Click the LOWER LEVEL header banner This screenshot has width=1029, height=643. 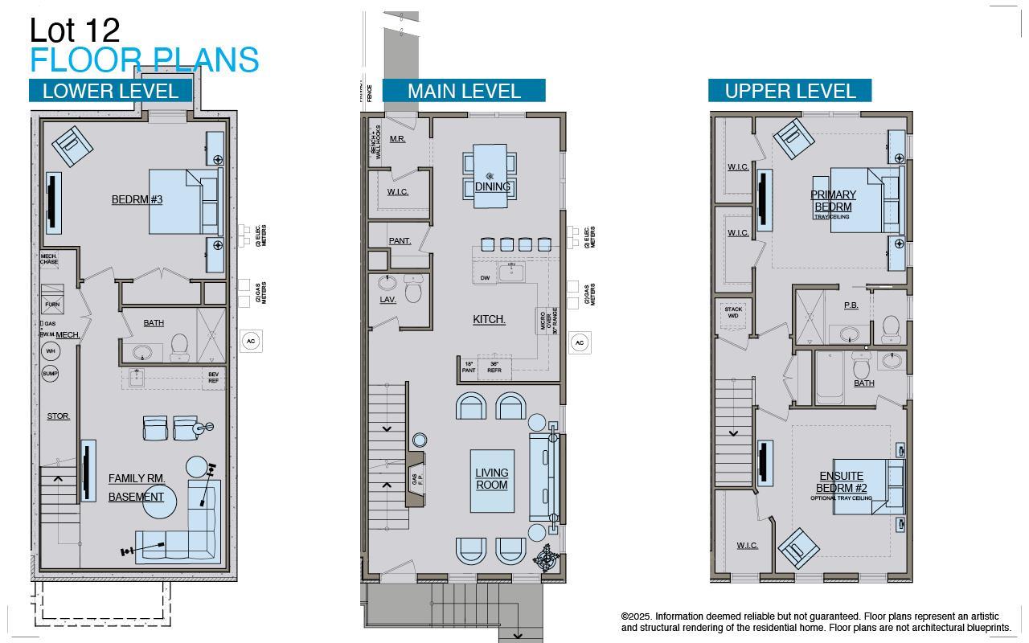pyautogui.click(x=110, y=91)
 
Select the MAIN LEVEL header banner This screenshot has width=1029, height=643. pyautogui.click(x=464, y=91)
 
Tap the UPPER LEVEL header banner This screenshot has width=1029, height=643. pyautogui.click(x=789, y=91)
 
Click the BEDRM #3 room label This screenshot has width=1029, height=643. pyautogui.click(x=137, y=199)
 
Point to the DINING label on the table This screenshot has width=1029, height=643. pyautogui.click(x=492, y=186)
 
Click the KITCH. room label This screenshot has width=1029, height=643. pyautogui.click(x=489, y=319)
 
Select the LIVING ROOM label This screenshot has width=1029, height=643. pyautogui.click(x=491, y=479)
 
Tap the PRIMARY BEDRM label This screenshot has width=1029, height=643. pyautogui.click(x=833, y=201)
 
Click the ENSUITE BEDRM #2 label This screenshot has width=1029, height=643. pyautogui.click(x=841, y=482)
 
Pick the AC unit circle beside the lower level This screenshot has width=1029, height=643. pyautogui.click(x=251, y=341)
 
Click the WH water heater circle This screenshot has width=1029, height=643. pyautogui.click(x=50, y=351)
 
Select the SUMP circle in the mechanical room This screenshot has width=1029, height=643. pyautogui.click(x=50, y=374)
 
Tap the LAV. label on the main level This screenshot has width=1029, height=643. pyautogui.click(x=388, y=300)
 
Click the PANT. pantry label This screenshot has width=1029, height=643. pyautogui.click(x=400, y=240)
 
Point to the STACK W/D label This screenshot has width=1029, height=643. pyautogui.click(x=733, y=313)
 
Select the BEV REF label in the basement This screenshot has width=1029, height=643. pyautogui.click(x=213, y=377)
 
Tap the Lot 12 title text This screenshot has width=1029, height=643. pyautogui.click(x=75, y=31)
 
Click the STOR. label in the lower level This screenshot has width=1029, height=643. pyautogui.click(x=59, y=416)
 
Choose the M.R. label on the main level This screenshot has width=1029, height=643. pyautogui.click(x=397, y=139)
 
